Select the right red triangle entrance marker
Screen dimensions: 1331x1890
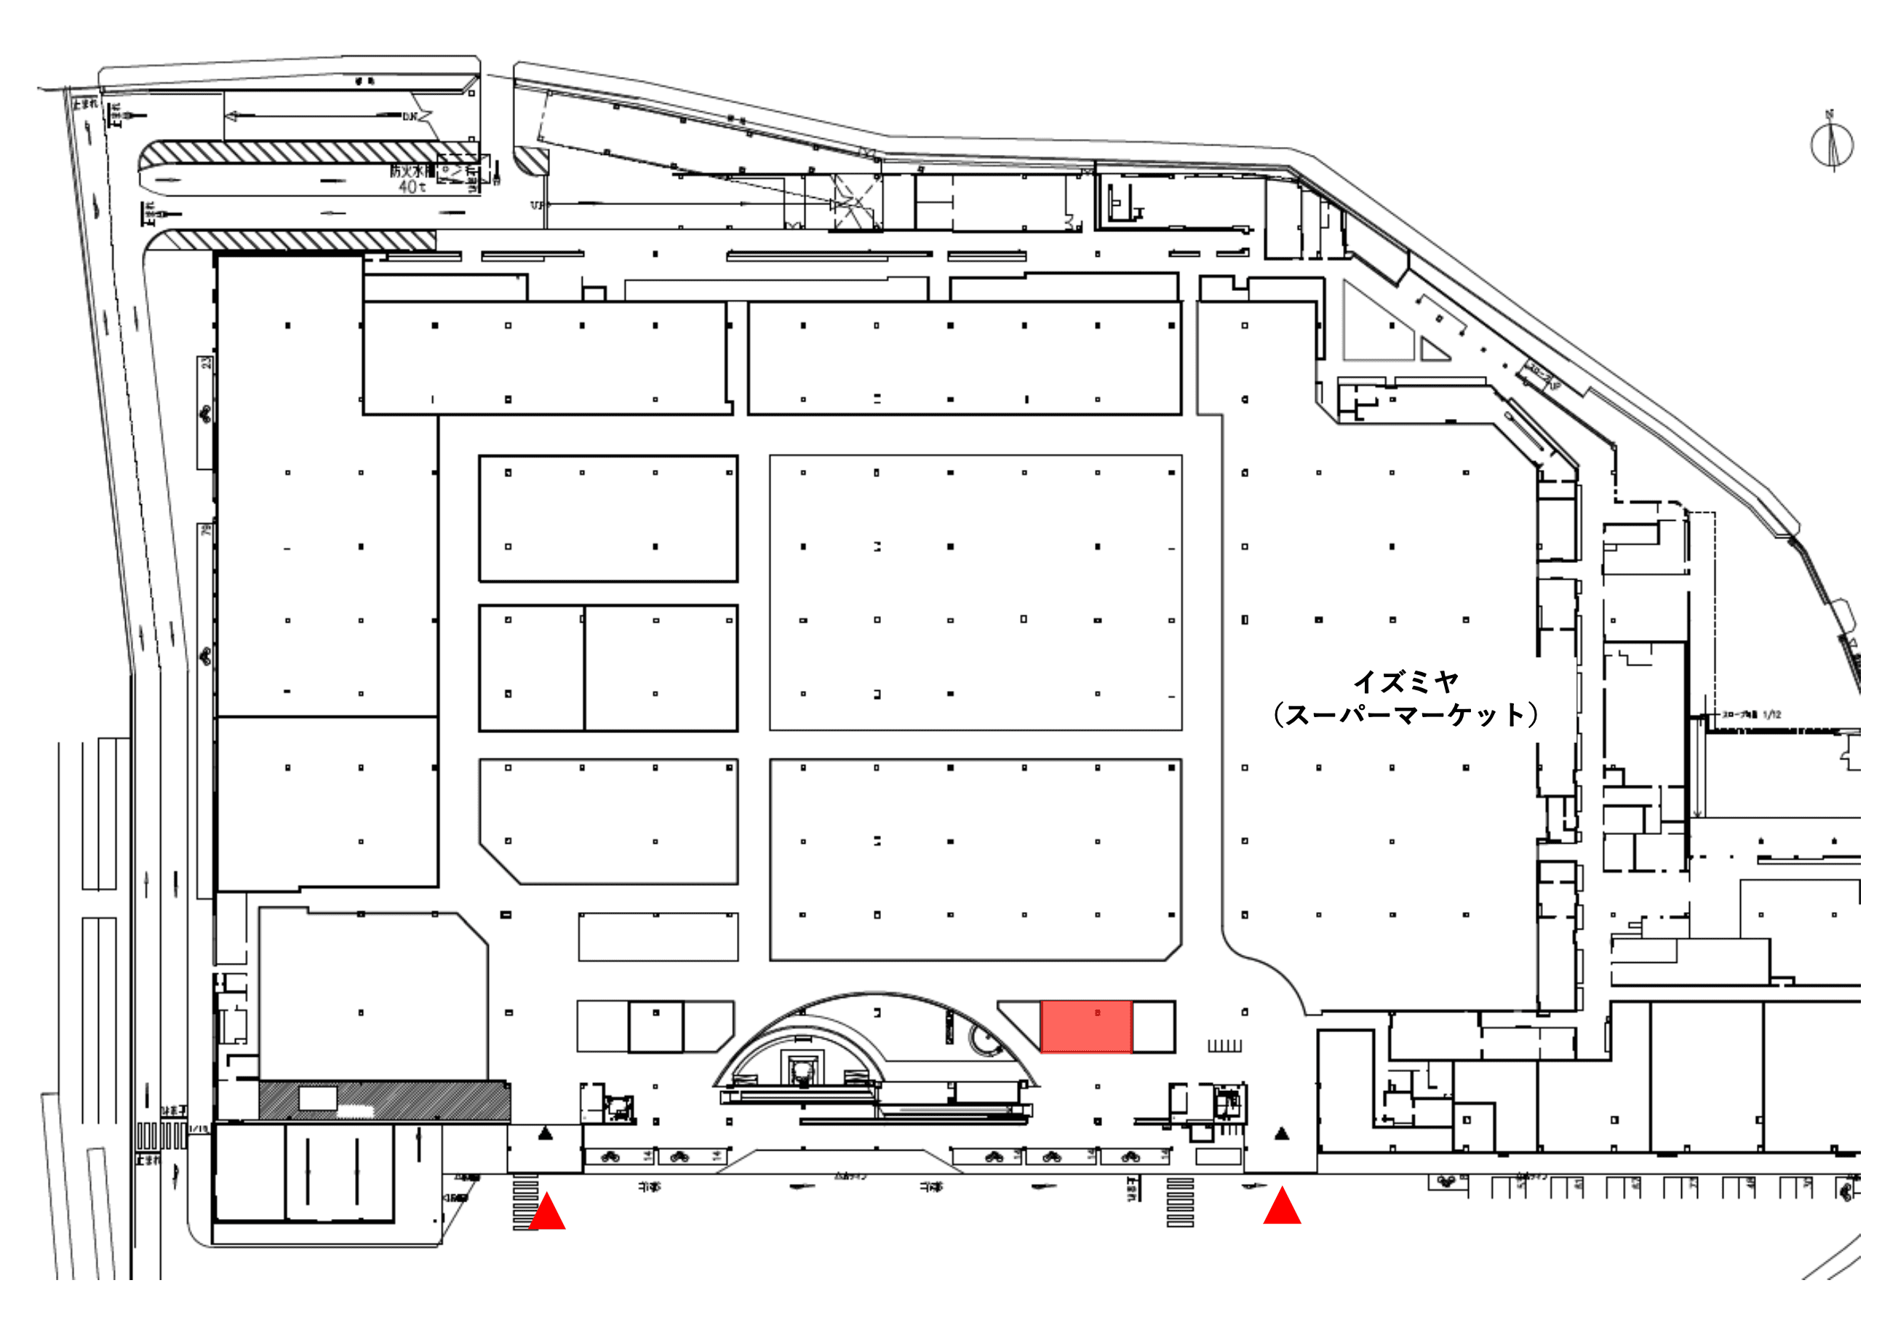(x=1282, y=1207)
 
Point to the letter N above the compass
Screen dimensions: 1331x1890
(x=1829, y=114)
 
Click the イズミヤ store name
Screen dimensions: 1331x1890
(x=1405, y=682)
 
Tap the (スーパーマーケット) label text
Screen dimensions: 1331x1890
(x=1405, y=714)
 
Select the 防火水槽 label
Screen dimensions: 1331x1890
(x=411, y=171)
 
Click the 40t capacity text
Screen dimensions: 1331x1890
(x=412, y=188)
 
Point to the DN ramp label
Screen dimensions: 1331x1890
(x=410, y=117)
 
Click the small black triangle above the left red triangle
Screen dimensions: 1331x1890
(x=545, y=1135)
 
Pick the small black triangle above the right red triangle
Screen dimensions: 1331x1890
(x=1282, y=1135)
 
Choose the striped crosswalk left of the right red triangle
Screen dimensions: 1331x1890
(x=1179, y=1202)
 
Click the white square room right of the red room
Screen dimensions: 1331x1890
(x=1154, y=1026)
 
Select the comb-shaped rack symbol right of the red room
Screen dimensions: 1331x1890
(x=1224, y=1045)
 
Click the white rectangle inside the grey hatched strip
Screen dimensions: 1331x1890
(x=317, y=1098)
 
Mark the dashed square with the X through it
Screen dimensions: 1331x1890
(x=855, y=201)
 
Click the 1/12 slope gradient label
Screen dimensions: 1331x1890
(x=1772, y=714)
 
